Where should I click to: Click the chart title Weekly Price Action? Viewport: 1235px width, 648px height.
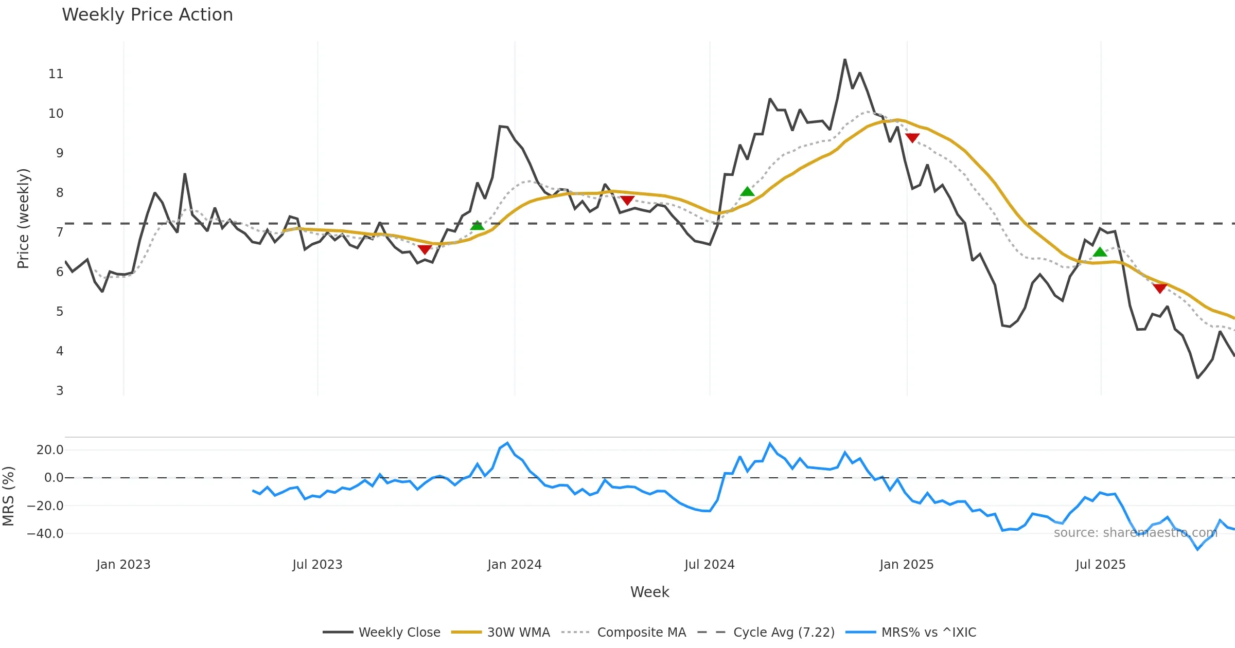[x=147, y=15]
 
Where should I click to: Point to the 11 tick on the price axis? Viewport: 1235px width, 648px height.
[x=56, y=74]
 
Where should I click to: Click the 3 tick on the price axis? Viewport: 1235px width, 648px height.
[x=60, y=391]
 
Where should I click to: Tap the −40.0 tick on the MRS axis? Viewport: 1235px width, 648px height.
[x=45, y=534]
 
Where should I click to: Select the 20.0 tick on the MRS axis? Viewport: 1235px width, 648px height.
[x=50, y=450]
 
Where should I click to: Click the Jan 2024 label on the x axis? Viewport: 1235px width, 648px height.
[x=515, y=565]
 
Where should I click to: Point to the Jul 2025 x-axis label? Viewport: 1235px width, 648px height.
[x=1101, y=565]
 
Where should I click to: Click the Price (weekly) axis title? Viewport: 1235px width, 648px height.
[x=24, y=219]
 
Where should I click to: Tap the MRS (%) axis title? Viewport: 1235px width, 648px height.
[x=8, y=496]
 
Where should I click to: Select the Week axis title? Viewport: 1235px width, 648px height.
[x=649, y=592]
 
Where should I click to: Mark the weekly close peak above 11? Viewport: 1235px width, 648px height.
[x=845, y=60]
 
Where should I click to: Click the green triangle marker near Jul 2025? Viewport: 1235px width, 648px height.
[x=1100, y=252]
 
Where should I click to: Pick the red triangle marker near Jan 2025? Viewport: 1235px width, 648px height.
[x=912, y=138]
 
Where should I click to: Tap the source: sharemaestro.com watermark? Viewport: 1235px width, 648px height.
[x=1135, y=533]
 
